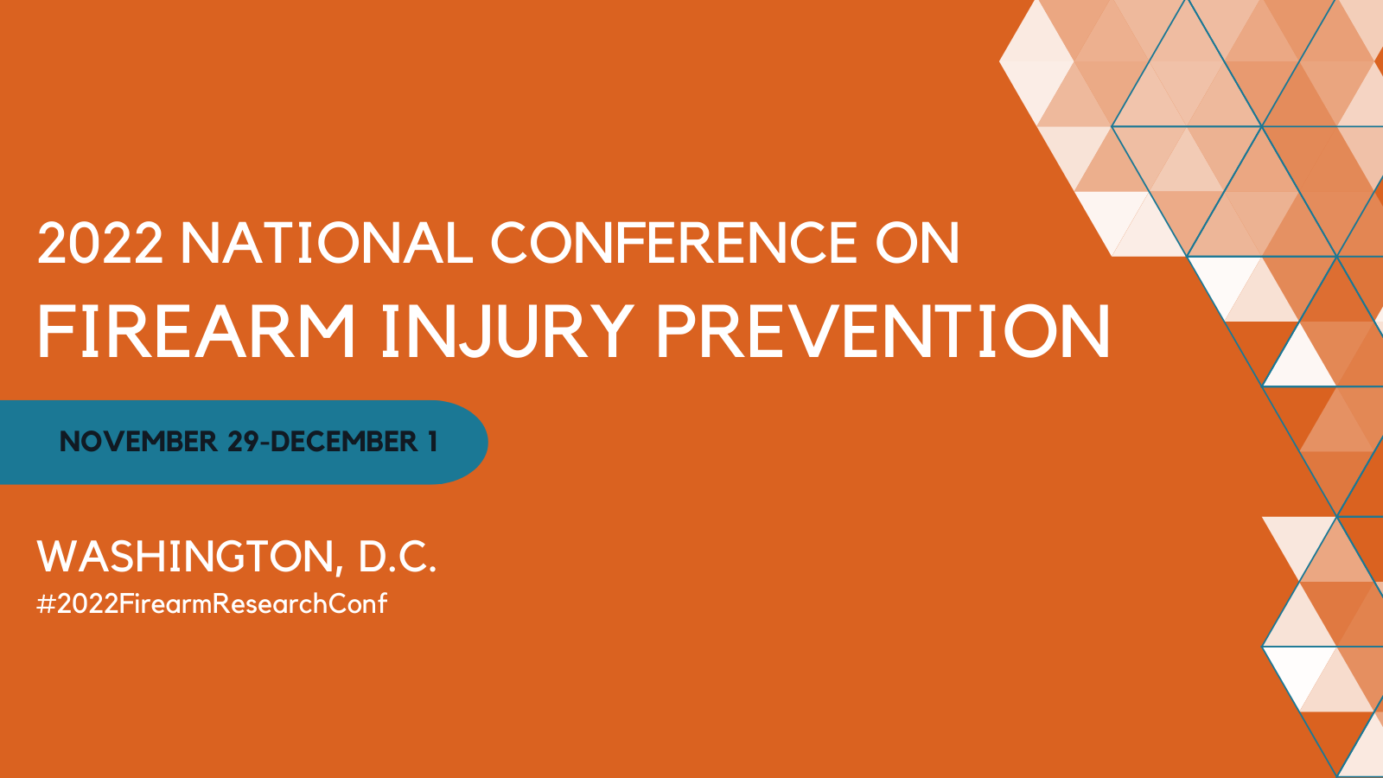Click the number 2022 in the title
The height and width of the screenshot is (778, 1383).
click(100, 244)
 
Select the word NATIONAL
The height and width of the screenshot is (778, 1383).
click(327, 244)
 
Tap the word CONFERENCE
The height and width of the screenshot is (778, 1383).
click(674, 244)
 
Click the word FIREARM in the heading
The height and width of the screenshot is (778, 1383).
click(196, 332)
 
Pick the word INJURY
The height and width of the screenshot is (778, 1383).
click(507, 332)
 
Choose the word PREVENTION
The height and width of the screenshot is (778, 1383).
click(883, 332)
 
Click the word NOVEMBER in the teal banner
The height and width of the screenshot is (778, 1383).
click(138, 442)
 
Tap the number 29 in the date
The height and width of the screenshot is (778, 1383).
click(244, 442)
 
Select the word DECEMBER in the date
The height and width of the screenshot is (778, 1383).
click(344, 442)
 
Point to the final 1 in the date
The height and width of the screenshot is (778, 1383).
click(432, 442)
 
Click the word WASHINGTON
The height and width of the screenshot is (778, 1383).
click(185, 556)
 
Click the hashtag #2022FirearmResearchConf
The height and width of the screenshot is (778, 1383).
click(212, 603)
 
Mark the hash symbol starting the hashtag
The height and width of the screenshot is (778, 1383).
click(46, 603)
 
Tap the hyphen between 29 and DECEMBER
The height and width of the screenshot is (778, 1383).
click(265, 443)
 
